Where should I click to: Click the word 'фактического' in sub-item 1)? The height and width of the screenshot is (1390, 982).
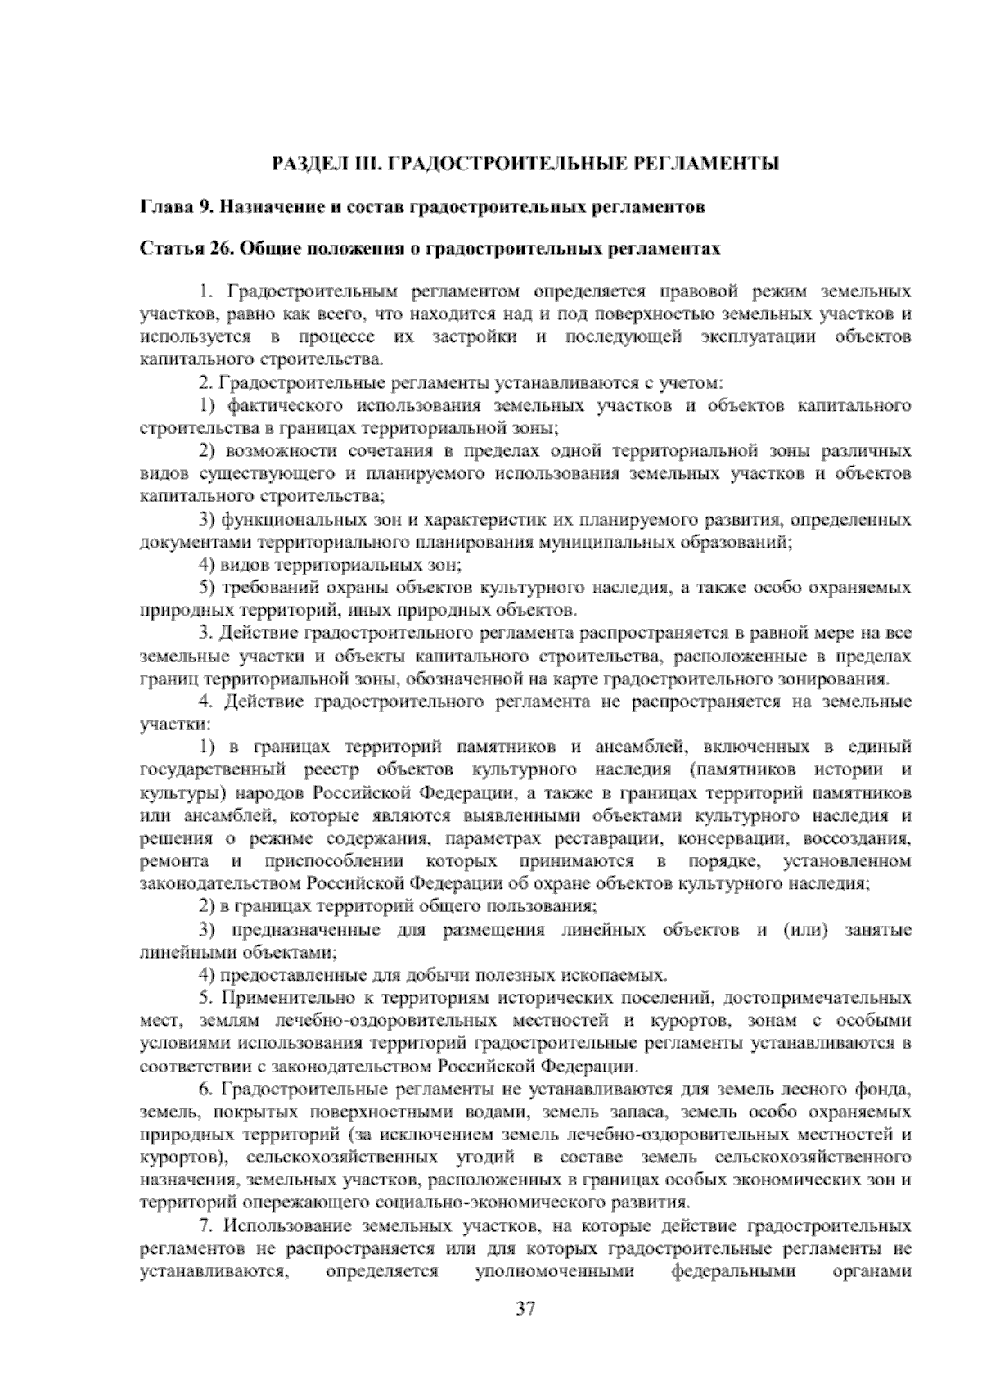(279, 406)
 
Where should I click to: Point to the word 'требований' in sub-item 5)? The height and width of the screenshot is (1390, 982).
(268, 588)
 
